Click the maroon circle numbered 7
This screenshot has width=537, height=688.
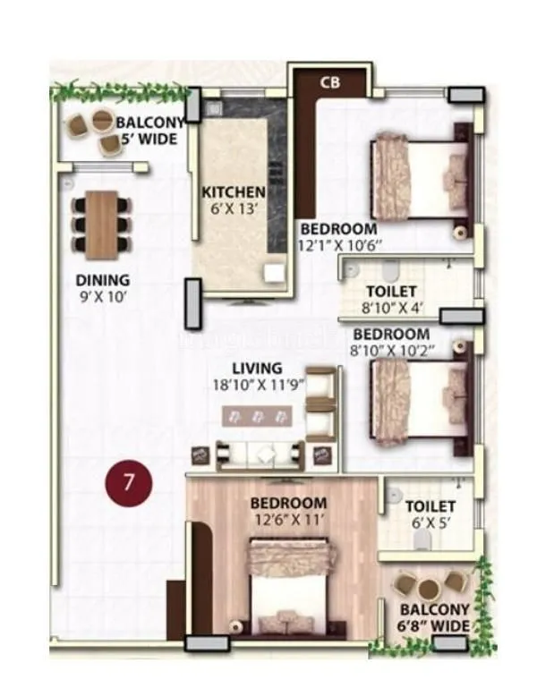click(x=129, y=484)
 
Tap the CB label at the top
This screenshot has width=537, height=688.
click(x=328, y=82)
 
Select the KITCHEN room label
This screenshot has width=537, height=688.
click(x=233, y=191)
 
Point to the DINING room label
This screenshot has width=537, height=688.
click(x=102, y=280)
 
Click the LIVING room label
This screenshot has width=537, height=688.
click(x=257, y=368)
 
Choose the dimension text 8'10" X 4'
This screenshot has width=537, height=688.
click(x=391, y=308)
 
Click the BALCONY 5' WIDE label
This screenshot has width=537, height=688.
click(x=148, y=130)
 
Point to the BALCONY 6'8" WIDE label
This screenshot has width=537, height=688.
click(x=435, y=617)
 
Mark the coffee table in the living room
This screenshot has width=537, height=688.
click(x=258, y=415)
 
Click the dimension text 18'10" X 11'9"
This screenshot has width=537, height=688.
click(x=257, y=385)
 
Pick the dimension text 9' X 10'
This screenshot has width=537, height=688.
click(x=102, y=296)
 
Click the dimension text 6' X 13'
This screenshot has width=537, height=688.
click(x=233, y=208)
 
